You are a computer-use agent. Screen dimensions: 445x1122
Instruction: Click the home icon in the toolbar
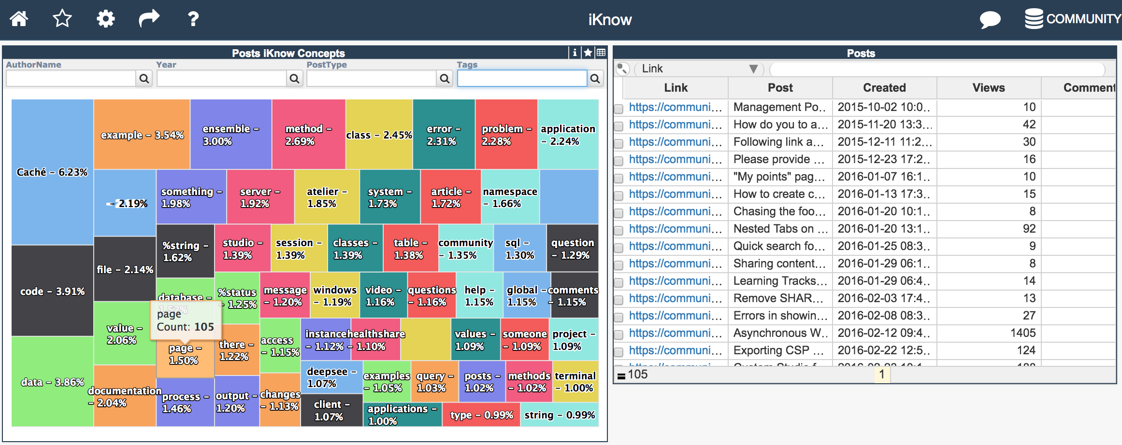[19, 19]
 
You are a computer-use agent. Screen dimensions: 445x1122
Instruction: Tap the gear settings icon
[105, 19]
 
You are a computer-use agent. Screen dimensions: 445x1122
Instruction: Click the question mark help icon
[193, 19]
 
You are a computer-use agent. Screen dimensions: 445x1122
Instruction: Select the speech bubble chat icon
[990, 20]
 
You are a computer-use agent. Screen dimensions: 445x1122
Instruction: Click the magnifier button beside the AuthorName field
[144, 78]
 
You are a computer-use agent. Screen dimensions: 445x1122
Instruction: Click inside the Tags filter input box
[522, 78]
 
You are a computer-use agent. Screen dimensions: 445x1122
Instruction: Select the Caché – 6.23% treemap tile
[52, 172]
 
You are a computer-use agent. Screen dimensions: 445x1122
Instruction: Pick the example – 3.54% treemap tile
[142, 135]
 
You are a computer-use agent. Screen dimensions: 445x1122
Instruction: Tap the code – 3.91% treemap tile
[52, 291]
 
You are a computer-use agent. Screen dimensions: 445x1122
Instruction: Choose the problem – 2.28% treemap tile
[506, 135]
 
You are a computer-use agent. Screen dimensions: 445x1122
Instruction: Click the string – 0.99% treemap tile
[560, 415]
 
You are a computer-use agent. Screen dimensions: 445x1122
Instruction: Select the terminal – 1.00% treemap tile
[575, 381]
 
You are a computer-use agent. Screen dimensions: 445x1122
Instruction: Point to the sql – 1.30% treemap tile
[520, 248]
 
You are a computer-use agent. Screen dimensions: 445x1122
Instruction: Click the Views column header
[989, 88]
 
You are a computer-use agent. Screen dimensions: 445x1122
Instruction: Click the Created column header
[884, 88]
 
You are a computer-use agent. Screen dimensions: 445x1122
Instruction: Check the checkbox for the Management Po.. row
[619, 108]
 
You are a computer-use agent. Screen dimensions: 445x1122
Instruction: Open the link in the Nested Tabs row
[676, 229]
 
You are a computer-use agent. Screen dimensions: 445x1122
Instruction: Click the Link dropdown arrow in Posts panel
[753, 69]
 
